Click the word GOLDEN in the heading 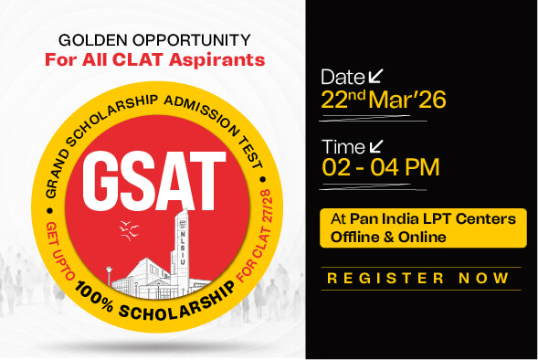(90, 41)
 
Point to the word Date (342, 77)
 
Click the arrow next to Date (375, 75)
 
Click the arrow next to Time (375, 145)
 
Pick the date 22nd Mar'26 (383, 100)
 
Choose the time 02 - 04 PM (381, 168)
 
